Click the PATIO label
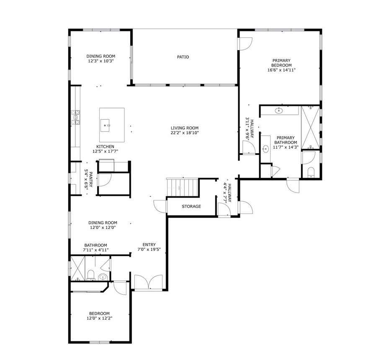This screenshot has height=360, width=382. (x=183, y=57)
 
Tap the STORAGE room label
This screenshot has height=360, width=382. (x=191, y=206)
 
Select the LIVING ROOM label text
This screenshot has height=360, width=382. (x=184, y=128)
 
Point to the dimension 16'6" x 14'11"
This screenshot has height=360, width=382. (x=281, y=70)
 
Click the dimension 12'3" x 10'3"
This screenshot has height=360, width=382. (x=101, y=61)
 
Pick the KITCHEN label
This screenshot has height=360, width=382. (x=105, y=147)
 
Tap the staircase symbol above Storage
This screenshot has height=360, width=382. (x=182, y=186)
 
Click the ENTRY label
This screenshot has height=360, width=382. (x=149, y=245)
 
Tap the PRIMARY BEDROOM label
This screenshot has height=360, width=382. (x=281, y=63)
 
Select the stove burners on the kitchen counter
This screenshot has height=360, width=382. (x=76, y=118)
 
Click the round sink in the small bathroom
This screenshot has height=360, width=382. (x=102, y=277)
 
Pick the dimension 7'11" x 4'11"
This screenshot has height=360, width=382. (x=95, y=250)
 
